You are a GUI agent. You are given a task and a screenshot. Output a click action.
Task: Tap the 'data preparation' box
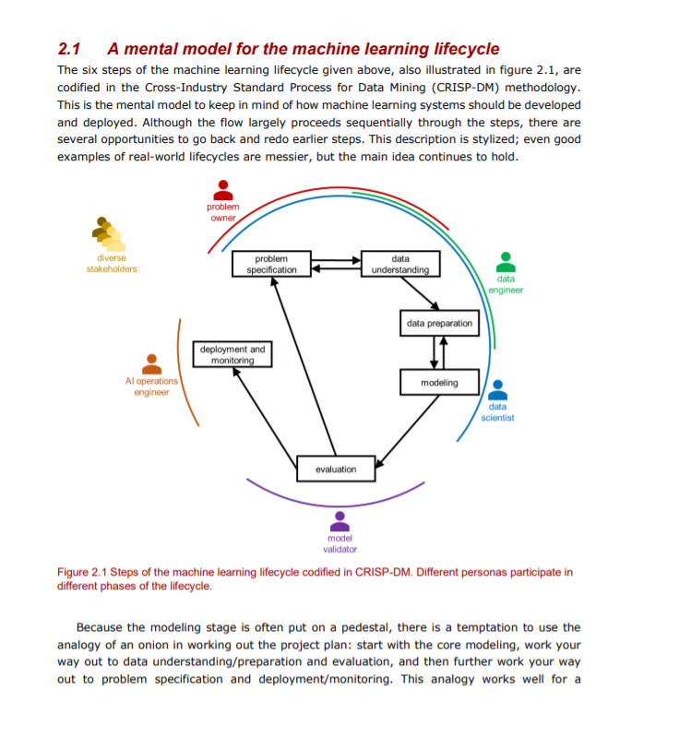click(x=439, y=324)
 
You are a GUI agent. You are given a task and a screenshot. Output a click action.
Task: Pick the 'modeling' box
click(x=438, y=382)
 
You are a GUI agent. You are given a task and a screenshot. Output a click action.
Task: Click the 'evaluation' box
click(x=335, y=470)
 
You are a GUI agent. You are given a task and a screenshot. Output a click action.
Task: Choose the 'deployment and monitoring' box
click(x=232, y=355)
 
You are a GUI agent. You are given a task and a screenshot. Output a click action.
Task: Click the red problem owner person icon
click(x=222, y=190)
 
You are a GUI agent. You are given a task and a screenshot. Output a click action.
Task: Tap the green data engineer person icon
click(x=506, y=262)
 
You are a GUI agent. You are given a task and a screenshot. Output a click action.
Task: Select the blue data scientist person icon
click(x=497, y=390)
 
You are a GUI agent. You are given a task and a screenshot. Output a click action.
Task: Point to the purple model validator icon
click(x=340, y=522)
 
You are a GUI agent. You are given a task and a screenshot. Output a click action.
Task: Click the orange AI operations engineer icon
click(x=151, y=365)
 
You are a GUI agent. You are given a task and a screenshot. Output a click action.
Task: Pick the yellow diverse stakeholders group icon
click(x=109, y=236)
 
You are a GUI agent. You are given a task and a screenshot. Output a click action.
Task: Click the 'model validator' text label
click(x=340, y=543)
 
